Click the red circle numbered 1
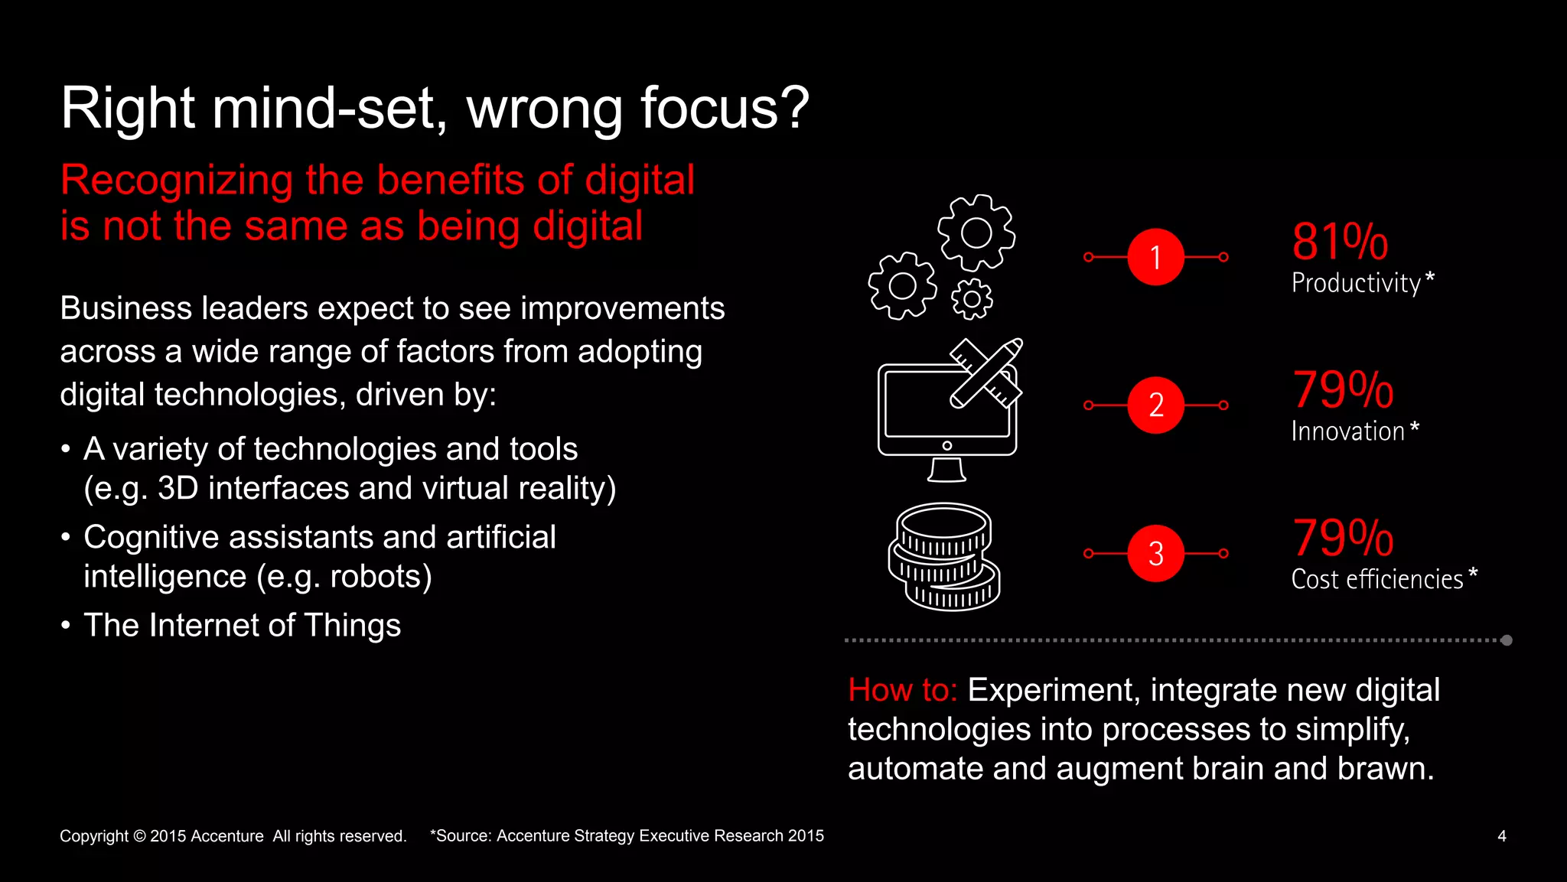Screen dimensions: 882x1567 pos(1155,257)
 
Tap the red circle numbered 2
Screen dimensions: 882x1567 pos(1155,405)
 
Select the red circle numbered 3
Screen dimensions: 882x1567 pos(1155,553)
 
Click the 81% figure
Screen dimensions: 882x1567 pos(1339,242)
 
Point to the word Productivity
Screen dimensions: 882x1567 pos(1356,284)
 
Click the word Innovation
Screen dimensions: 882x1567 pos(1347,431)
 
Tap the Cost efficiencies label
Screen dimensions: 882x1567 pos(1376,580)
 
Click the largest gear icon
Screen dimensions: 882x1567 pos(976,233)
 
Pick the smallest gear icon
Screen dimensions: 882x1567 pos(972,299)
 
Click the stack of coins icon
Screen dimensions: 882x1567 pos(944,557)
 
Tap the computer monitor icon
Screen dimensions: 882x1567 pos(947,417)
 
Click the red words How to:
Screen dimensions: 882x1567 pos(902,690)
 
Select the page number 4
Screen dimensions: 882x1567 pos(1501,836)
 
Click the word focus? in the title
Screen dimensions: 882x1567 pos(724,108)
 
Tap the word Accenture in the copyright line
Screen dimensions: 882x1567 pos(226,836)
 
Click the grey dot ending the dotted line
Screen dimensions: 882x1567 pos(1507,640)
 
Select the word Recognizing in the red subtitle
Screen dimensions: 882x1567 pos(177,181)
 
